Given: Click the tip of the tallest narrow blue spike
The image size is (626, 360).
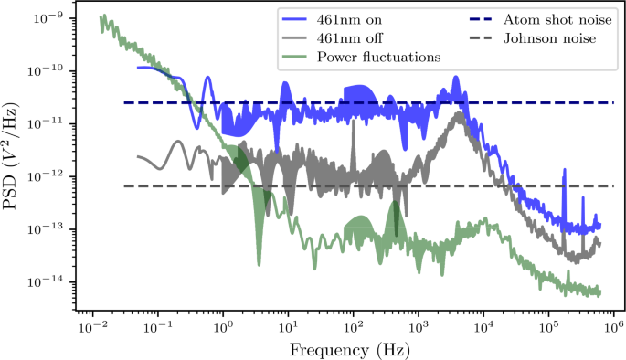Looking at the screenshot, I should pos(564,169).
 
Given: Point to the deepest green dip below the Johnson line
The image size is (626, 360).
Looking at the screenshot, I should pos(259,264).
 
